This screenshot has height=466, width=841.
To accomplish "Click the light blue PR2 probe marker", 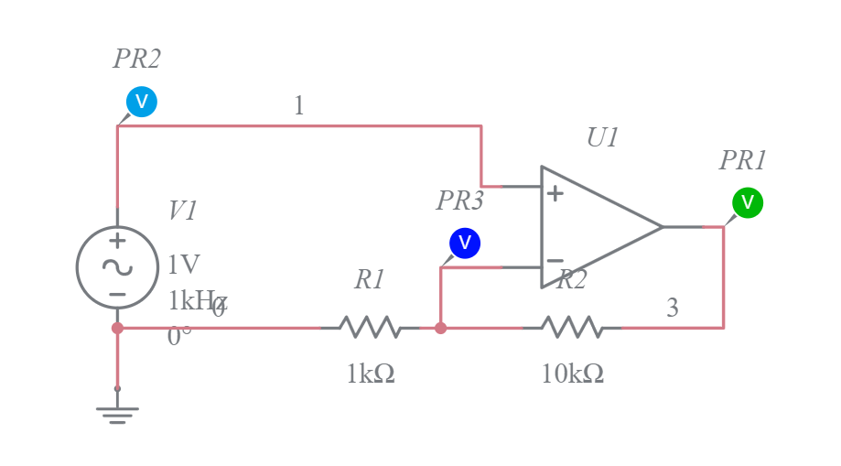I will point(142,102).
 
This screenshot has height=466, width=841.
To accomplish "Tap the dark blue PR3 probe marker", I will point(465,243).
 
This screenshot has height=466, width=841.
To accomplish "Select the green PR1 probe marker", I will point(747,202).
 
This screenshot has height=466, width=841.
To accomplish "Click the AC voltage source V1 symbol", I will point(117,267).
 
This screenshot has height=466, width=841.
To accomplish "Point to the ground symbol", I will point(117,412).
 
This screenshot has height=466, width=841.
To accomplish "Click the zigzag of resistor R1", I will point(369,327).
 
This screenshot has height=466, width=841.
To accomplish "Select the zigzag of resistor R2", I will point(571,327).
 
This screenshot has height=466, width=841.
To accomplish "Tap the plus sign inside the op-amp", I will point(555,193).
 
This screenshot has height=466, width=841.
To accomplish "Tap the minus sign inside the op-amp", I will point(555,261).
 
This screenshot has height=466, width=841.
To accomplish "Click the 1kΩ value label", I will point(371,374).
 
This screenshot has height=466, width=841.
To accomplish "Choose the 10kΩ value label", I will point(572,374).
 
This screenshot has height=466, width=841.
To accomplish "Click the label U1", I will point(603,138).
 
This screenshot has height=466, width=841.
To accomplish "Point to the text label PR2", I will point(137,60).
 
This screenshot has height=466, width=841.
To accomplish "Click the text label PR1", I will point(742,161).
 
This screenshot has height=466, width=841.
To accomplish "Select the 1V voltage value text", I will point(183,265).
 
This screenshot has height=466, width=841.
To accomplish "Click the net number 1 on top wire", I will point(298,106).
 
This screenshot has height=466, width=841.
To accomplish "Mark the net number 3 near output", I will point(673,309).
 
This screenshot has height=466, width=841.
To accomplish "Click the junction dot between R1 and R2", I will point(440,328).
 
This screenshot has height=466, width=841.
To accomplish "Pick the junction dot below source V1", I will point(117,328).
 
